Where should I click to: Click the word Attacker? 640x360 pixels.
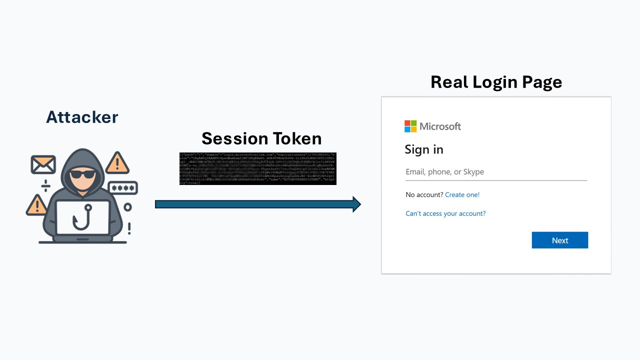pos(82,117)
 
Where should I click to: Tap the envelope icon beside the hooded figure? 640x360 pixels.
pos(43,164)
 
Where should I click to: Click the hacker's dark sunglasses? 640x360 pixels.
pos(82,174)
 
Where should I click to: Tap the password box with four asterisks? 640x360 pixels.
pos(122,188)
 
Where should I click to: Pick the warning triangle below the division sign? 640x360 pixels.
pos(36,205)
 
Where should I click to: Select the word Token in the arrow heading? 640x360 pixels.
pos(293,138)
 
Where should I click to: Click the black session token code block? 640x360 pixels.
pos(257,169)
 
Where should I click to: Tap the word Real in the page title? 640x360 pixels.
pos(453,82)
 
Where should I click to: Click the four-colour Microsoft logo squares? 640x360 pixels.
pos(410,126)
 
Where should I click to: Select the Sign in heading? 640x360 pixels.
pos(424,149)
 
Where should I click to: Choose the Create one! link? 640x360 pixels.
pos(462,194)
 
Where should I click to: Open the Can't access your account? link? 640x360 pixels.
pos(445,213)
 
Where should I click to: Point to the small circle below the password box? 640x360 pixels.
pos(128,207)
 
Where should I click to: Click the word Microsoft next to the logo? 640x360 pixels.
pos(440,126)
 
